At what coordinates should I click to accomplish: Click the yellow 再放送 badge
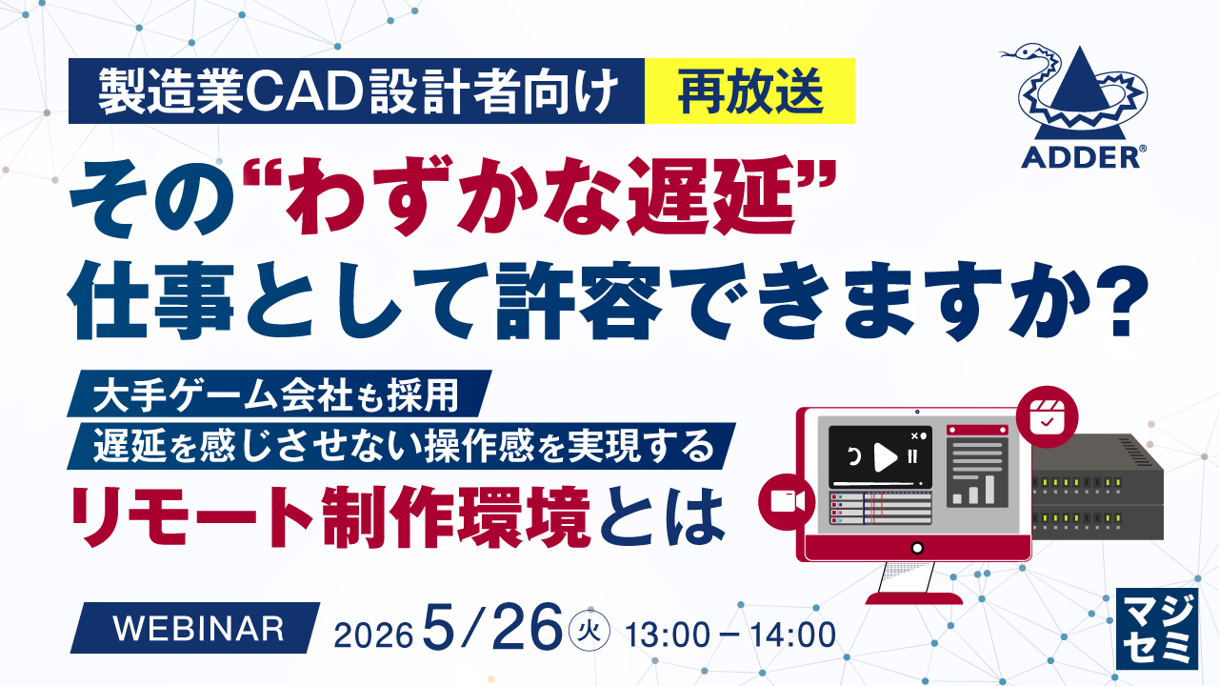tap(749, 91)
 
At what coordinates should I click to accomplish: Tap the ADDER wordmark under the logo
tap(1080, 157)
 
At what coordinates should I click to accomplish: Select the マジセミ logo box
tap(1157, 628)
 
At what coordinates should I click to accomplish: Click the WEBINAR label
tap(198, 629)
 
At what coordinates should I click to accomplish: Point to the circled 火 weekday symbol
tap(589, 631)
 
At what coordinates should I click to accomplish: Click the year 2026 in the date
tap(373, 635)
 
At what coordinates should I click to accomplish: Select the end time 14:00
tap(793, 635)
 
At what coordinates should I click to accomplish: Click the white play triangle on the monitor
tap(885, 458)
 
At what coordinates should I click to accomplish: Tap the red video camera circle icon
tap(787, 501)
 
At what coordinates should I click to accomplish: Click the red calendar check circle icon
tap(1047, 417)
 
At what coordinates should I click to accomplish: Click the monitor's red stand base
tap(914, 598)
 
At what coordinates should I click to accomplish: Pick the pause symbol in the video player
tap(912, 456)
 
